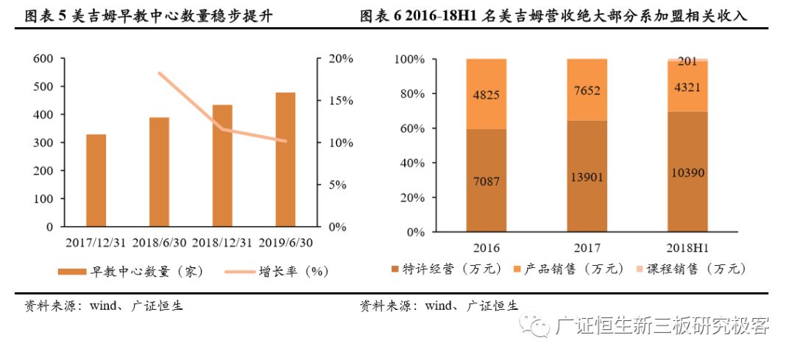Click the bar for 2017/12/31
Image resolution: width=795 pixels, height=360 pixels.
[96, 180]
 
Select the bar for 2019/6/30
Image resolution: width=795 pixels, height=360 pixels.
[285, 159]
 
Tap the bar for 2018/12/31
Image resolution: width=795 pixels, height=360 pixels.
[222, 165]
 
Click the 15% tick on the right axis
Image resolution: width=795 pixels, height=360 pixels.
[341, 100]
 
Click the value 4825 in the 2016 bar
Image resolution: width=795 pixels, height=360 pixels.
[486, 94]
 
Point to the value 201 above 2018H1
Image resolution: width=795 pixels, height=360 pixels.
[687, 62]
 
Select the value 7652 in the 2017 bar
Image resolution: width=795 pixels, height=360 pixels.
[587, 91]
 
